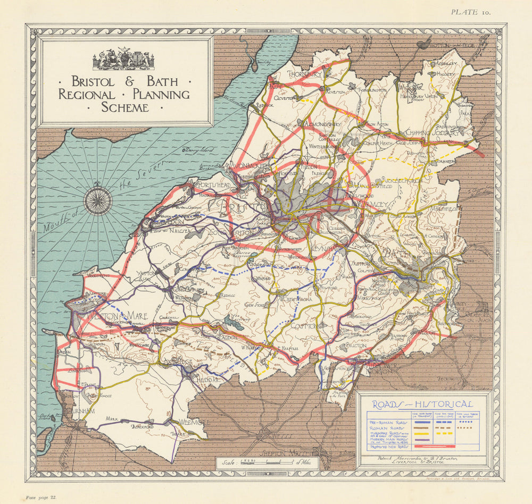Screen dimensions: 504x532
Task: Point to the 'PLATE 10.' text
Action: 471,12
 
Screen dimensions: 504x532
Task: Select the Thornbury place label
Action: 306,74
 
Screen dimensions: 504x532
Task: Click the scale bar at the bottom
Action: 266,461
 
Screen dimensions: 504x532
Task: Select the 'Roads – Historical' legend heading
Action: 422,405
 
